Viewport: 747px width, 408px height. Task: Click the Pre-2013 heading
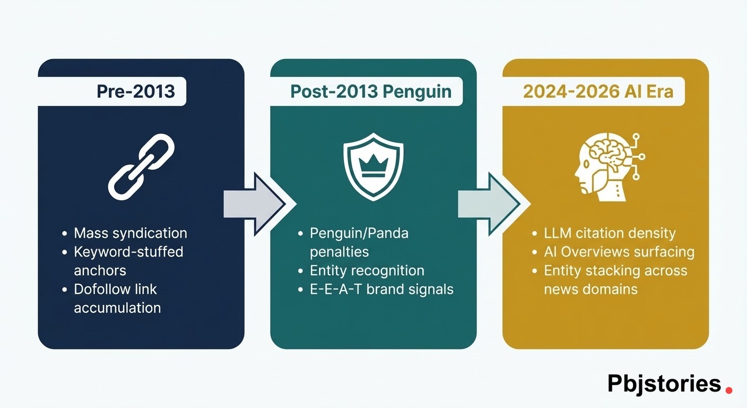135,91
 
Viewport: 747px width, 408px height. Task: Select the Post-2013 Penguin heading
370,91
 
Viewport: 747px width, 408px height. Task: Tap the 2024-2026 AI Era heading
598,91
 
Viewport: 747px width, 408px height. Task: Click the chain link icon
141,166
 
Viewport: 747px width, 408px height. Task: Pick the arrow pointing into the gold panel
488,203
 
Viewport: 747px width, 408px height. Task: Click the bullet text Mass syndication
130,233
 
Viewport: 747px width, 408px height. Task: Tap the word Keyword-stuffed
128,251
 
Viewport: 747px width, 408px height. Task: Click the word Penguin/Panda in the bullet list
359,233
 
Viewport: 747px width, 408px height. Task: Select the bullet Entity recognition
367,270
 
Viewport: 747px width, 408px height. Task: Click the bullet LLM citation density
610,233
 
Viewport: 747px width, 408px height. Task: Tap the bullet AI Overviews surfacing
619,251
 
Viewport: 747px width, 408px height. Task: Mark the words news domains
590,289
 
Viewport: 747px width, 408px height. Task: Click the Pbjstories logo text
664,383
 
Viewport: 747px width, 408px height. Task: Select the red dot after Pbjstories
729,390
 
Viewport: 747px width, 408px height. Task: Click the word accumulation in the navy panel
117,308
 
